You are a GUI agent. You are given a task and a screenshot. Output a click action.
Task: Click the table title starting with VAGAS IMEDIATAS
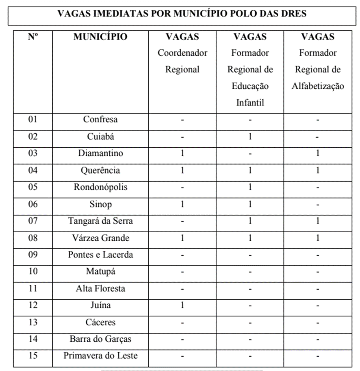click(182, 13)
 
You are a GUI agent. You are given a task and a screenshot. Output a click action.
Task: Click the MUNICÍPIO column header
click(100, 37)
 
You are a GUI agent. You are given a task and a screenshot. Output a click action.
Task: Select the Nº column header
click(33, 37)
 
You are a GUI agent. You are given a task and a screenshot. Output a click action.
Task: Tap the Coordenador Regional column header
click(182, 53)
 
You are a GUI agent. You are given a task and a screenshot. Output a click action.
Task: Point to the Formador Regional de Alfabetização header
click(318, 61)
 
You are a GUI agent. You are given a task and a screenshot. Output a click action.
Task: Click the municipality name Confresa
click(100, 120)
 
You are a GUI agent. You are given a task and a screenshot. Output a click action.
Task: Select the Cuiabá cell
click(100, 137)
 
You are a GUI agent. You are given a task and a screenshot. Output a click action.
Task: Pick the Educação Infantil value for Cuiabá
click(250, 137)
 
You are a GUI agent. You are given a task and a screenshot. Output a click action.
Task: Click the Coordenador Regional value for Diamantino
click(182, 153)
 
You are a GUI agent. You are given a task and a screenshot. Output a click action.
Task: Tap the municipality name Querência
click(100, 170)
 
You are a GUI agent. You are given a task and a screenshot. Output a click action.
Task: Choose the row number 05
click(33, 187)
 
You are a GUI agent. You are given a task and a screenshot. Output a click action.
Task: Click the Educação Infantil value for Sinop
click(250, 204)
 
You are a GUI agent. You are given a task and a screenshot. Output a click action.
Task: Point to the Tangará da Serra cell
click(100, 221)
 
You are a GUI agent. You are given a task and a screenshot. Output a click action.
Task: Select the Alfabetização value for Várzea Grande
click(318, 238)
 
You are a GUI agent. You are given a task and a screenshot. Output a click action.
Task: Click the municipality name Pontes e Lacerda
click(100, 255)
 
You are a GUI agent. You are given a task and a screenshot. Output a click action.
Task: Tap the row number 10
click(33, 272)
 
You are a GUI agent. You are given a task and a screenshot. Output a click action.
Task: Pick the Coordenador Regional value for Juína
click(182, 305)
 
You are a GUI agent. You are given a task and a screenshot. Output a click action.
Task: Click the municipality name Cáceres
click(100, 322)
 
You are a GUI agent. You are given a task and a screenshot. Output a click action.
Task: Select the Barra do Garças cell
click(100, 339)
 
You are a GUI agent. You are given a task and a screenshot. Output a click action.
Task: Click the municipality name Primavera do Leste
click(100, 356)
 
